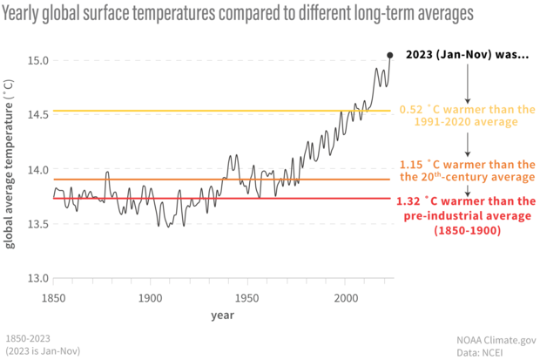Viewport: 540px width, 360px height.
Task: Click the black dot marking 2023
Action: click(390, 55)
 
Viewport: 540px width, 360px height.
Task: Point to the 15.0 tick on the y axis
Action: click(36, 60)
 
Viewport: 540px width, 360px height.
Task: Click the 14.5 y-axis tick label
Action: click(36, 115)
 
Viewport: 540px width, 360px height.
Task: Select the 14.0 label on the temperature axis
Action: click(36, 169)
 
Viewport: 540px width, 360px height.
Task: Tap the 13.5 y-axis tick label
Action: click(36, 224)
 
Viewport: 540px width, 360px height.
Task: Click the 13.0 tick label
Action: click(36, 278)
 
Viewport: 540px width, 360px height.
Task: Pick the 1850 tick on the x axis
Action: click(53, 297)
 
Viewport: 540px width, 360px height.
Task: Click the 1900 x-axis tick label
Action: click(151, 297)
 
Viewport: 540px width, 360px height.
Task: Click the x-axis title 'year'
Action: click(221, 316)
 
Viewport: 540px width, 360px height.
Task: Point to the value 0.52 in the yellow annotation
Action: click(410, 111)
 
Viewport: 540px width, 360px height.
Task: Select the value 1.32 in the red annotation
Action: click(412, 201)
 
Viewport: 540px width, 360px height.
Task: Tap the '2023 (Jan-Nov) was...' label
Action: click(468, 55)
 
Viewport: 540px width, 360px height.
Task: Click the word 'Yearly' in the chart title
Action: click(25, 14)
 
